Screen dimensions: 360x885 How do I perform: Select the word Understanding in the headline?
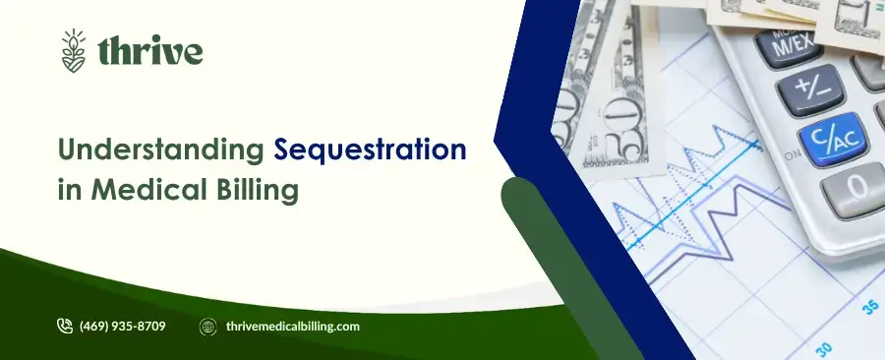click(161, 151)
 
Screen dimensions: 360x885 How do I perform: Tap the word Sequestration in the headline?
click(370, 150)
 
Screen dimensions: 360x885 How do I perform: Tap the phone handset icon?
click(66, 326)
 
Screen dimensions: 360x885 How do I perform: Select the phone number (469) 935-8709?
click(122, 327)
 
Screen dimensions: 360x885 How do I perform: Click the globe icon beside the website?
click(207, 327)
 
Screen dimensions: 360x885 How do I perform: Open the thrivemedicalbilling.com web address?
click(292, 327)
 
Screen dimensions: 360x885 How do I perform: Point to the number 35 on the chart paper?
click(870, 306)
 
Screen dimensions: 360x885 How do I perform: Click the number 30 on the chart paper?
click(823, 346)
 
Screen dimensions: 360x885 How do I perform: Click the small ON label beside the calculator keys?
click(791, 153)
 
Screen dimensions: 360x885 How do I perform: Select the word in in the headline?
click(71, 189)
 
